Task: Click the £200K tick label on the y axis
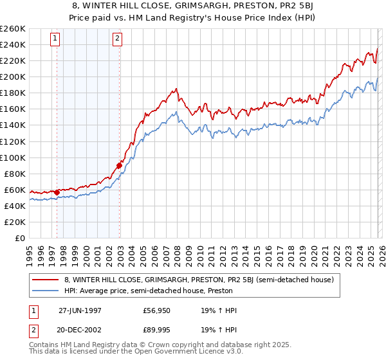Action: pyautogui.click(x=13, y=76)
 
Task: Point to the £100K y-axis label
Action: pyautogui.click(x=13, y=157)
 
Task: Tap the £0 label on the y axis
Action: pyautogui.click(x=19, y=238)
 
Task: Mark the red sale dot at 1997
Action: pyautogui.click(x=57, y=192)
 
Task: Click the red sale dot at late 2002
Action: pyautogui.click(x=120, y=165)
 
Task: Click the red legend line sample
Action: pyautogui.click(x=46, y=280)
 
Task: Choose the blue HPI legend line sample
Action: pyautogui.click(x=46, y=291)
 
